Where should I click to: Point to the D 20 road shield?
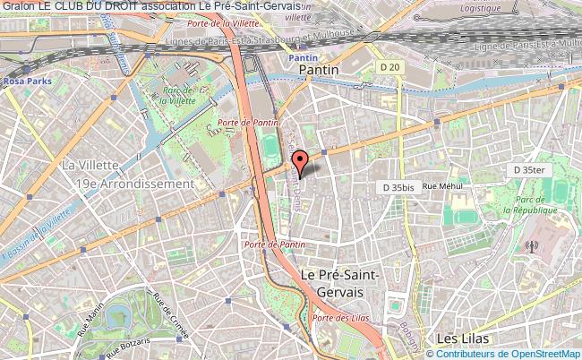point(389,67)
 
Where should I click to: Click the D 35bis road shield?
point(398,187)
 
